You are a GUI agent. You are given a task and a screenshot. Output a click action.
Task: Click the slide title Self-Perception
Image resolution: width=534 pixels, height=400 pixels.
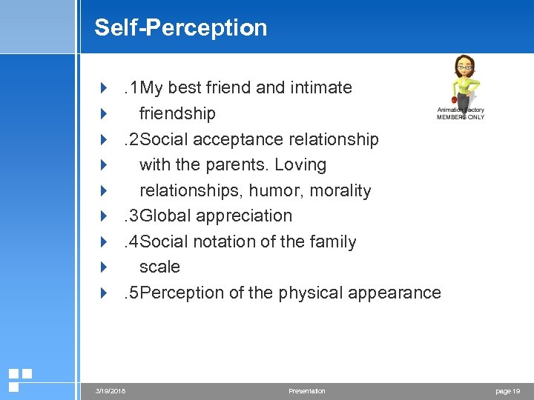pyautogui.click(x=180, y=27)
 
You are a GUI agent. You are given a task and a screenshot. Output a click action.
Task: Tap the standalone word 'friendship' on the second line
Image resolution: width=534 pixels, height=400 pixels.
pyautogui.click(x=177, y=113)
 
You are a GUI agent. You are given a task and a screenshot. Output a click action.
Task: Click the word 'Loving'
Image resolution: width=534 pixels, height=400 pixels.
pyautogui.click(x=300, y=164)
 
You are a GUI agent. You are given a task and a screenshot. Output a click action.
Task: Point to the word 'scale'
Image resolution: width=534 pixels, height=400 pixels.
pyautogui.click(x=159, y=267)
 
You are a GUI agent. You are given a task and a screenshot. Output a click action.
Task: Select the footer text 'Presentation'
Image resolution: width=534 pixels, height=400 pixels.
pyautogui.click(x=306, y=390)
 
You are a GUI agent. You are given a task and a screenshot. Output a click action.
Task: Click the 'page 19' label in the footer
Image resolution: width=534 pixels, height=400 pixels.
pyautogui.click(x=507, y=390)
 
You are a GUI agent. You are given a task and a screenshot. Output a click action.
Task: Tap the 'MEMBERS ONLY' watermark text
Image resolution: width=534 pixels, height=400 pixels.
pyautogui.click(x=461, y=117)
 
